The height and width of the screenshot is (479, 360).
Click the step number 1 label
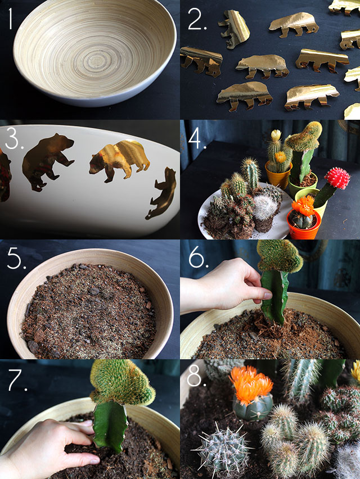tap(10, 19)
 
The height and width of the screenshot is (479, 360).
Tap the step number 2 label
tap(197, 19)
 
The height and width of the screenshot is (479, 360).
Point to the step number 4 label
tap(197, 138)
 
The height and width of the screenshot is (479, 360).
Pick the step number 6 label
tap(199, 259)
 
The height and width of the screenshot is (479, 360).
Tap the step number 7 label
tap(17, 381)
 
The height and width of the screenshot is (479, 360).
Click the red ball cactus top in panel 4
tap(337, 178)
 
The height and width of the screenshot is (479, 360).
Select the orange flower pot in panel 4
tap(303, 225)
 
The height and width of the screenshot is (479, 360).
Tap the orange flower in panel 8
tap(251, 383)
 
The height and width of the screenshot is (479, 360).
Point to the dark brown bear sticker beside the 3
tap(47, 161)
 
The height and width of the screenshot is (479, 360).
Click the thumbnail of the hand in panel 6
tap(267, 295)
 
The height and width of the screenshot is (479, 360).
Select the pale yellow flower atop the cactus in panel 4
tap(276, 135)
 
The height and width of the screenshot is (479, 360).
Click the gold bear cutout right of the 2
tap(234, 29)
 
